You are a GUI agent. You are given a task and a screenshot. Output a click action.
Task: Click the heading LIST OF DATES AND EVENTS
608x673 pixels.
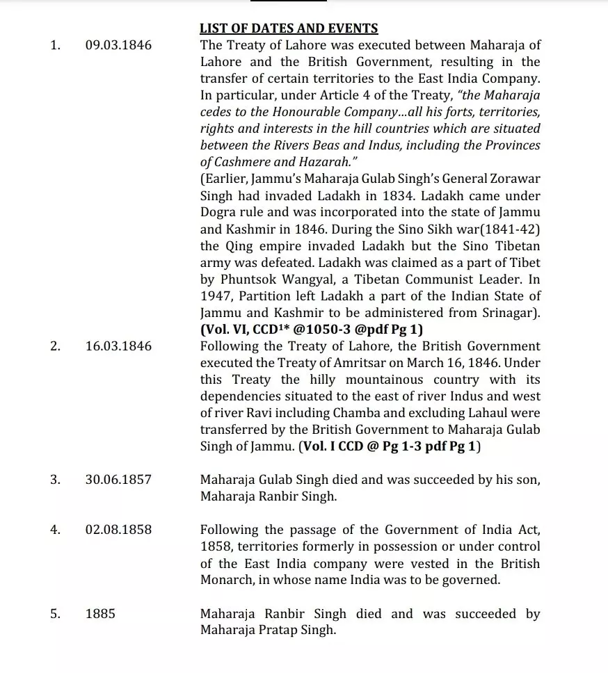pos(289,29)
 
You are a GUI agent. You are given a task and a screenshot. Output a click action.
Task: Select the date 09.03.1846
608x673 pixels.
pos(118,46)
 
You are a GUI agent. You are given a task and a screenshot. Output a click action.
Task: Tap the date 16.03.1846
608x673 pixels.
pos(118,346)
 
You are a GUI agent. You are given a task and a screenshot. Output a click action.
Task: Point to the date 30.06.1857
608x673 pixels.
pos(118,480)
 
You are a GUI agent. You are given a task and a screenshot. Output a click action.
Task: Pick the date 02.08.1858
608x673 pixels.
pos(118,530)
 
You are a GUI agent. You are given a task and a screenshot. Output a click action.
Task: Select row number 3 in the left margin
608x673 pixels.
pos(55,480)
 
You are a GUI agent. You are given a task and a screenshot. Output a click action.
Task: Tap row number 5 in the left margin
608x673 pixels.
pos(55,614)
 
